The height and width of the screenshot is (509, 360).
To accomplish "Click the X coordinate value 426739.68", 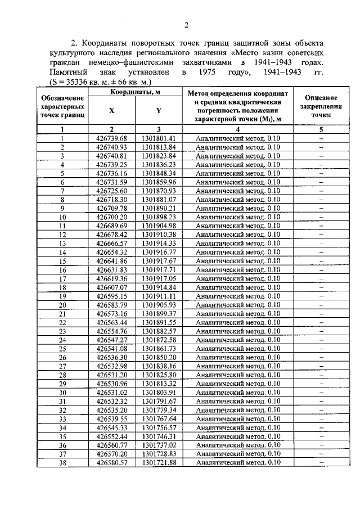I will (x=112, y=138).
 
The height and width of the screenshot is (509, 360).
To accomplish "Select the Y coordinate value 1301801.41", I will (x=159, y=138).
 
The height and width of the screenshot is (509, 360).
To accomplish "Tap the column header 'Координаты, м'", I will (x=136, y=91).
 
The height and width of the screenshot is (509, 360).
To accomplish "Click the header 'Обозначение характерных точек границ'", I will (x=63, y=106).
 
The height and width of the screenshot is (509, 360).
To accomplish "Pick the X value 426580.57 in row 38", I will (x=112, y=462).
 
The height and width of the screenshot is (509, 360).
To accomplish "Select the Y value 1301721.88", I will (x=159, y=462).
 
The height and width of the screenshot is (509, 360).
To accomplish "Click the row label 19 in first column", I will (x=63, y=296).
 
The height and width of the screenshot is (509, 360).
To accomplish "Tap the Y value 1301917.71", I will (x=159, y=269).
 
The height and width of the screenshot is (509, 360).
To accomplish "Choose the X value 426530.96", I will (x=112, y=384).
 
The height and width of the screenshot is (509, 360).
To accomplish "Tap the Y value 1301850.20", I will (x=159, y=357).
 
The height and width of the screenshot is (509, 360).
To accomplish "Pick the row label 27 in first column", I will (x=63, y=366).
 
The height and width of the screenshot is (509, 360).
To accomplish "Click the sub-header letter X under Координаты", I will (x=112, y=111).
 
